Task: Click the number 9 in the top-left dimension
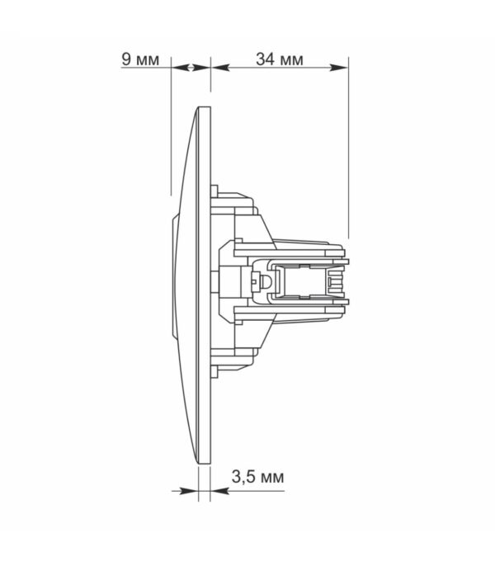pyautogui.click(x=126, y=59)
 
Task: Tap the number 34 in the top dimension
pyautogui.click(x=266, y=59)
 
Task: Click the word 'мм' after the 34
pyautogui.click(x=292, y=61)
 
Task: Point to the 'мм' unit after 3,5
pyautogui.click(x=272, y=479)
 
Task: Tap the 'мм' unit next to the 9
pyautogui.click(x=148, y=61)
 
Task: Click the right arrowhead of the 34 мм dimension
pyautogui.click(x=339, y=68)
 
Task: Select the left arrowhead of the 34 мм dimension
pyautogui.click(x=220, y=68)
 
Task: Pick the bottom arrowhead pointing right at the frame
pyautogui.click(x=189, y=491)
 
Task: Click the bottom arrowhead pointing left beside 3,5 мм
pyautogui.click(x=219, y=491)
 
